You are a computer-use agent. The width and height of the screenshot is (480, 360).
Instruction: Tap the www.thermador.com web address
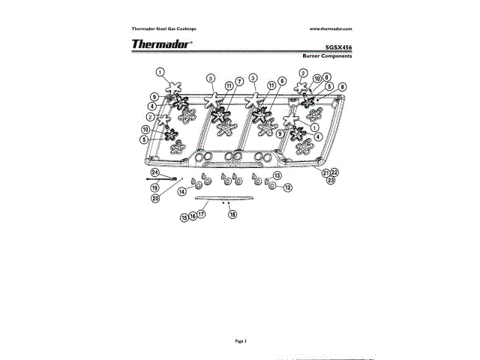[330, 28]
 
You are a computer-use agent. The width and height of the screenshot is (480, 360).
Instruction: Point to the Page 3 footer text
[240, 340]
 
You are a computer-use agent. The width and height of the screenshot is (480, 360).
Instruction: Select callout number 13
[277, 175]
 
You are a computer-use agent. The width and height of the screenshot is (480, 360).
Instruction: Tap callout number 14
[181, 191]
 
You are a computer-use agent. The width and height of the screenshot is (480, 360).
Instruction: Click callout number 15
[184, 217]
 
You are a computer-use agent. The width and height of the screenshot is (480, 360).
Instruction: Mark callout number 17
[201, 214]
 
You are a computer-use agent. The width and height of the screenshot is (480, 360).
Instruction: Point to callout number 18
[232, 214]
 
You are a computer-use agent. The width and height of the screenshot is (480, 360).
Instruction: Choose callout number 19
[154, 188]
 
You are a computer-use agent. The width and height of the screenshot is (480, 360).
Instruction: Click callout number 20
[155, 199]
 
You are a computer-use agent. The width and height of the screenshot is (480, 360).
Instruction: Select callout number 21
[326, 173]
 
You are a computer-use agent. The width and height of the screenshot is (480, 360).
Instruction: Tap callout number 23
[331, 181]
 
